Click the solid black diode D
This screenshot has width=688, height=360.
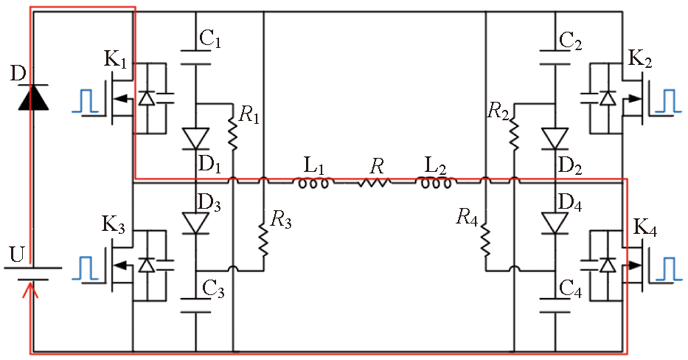(31, 97)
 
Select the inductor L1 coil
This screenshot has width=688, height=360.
(313, 181)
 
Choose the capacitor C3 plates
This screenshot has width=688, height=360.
(196, 305)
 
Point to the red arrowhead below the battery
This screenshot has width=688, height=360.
(29, 294)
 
